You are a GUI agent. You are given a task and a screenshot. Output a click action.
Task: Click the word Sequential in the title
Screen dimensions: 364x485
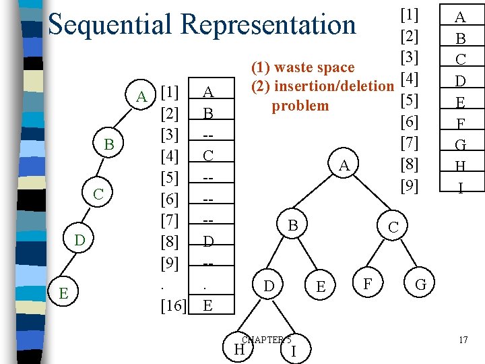(110, 25)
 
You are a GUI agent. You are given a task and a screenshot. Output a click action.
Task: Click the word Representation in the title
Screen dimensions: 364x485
(268, 25)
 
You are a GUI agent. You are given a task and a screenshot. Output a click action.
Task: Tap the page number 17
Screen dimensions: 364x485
(463, 340)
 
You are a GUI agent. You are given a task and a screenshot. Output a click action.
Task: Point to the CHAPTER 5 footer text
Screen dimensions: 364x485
(266, 340)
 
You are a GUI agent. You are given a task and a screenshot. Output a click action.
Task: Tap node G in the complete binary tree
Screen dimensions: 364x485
(421, 286)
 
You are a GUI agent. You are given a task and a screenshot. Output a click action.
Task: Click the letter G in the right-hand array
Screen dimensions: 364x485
(461, 145)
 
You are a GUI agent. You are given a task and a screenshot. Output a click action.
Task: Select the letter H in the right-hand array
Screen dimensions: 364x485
(461, 166)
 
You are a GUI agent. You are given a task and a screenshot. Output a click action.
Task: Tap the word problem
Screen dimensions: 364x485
(300, 106)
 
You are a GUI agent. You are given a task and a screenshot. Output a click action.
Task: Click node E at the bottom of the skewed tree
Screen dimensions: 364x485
(63, 293)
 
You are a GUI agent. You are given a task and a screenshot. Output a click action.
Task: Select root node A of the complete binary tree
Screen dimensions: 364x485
(344, 166)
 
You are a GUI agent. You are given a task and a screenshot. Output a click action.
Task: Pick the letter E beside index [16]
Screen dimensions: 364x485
(208, 305)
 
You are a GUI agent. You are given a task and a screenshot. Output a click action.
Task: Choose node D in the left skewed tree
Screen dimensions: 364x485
(79, 240)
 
